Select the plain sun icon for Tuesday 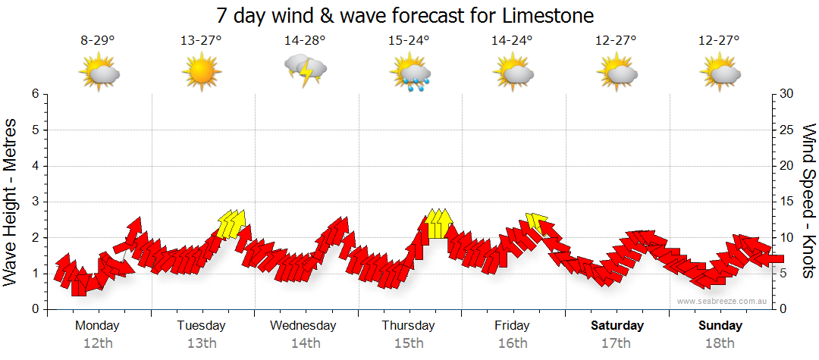201,73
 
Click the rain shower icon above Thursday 409,74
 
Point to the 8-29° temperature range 98,40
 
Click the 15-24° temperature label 409,40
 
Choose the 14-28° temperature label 305,40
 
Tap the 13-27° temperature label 201,40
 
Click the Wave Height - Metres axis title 11,202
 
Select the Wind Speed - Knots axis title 808,202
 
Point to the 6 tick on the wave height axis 34,94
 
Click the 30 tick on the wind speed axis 788,94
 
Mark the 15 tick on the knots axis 788,202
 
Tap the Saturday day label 617,326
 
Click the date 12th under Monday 98,343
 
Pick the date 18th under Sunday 720,343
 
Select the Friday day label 513,326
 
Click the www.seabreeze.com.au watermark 723,301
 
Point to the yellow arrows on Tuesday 231,224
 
